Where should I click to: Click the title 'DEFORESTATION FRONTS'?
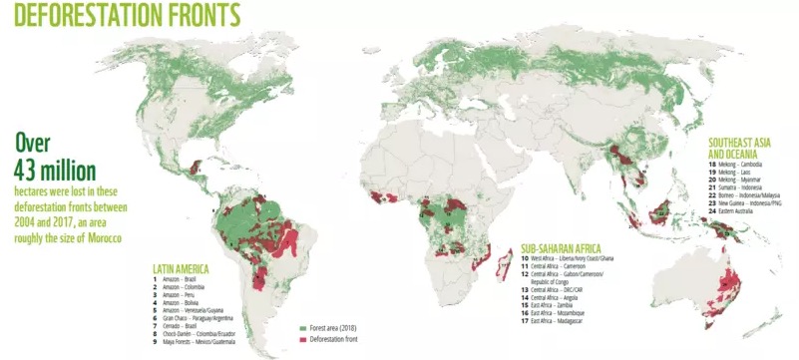pyautogui.click(x=121, y=16)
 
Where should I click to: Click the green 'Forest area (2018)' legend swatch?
pyautogui.click(x=303, y=326)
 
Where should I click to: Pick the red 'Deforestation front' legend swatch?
pyautogui.click(x=303, y=337)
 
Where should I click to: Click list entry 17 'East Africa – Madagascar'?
pyautogui.click(x=559, y=322)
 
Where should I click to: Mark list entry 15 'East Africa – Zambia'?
pyautogui.click(x=555, y=305)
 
